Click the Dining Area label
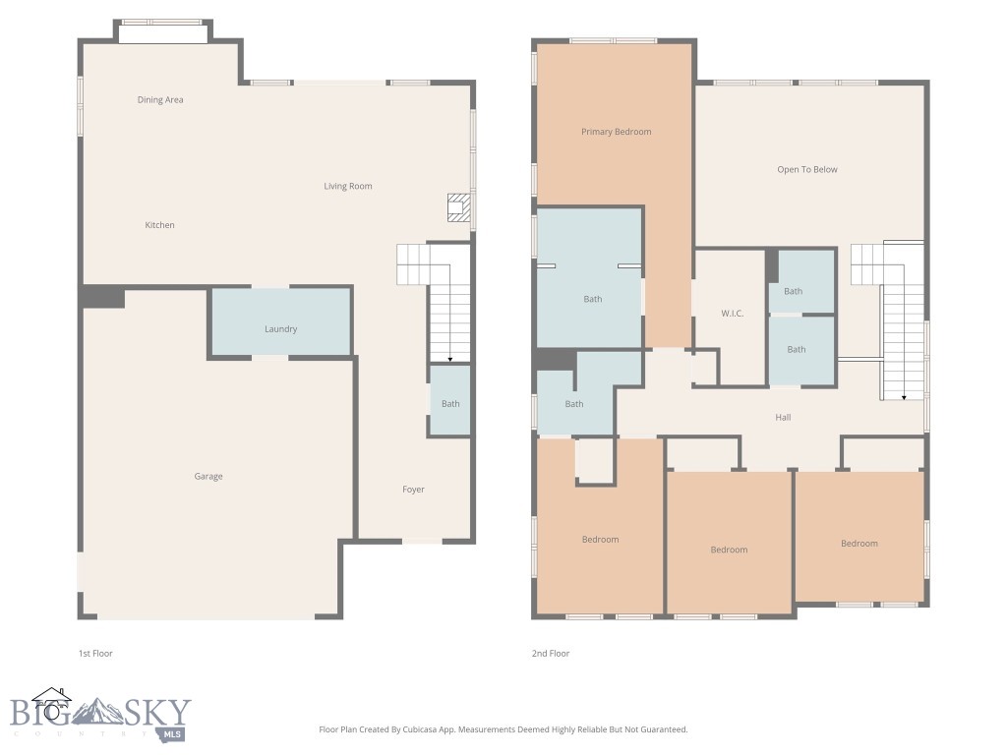pos(160,100)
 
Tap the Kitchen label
pos(160,225)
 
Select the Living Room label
pos(348,186)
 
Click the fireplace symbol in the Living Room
pos(458,207)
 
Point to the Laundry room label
pos(280,329)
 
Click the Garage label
pos(208,477)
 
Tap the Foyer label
pos(414,490)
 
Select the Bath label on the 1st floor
pos(450,404)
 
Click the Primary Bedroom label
pos(616,132)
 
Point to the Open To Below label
pos(807,170)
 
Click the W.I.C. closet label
pos(731,314)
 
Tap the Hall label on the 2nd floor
pos(783,418)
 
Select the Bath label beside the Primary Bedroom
pos(593,300)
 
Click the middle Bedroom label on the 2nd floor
pos(729,551)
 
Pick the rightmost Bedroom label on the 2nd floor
pos(859,544)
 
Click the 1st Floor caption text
pos(95,654)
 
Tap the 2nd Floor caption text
pos(550,654)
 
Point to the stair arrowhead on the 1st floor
pos(449,360)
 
